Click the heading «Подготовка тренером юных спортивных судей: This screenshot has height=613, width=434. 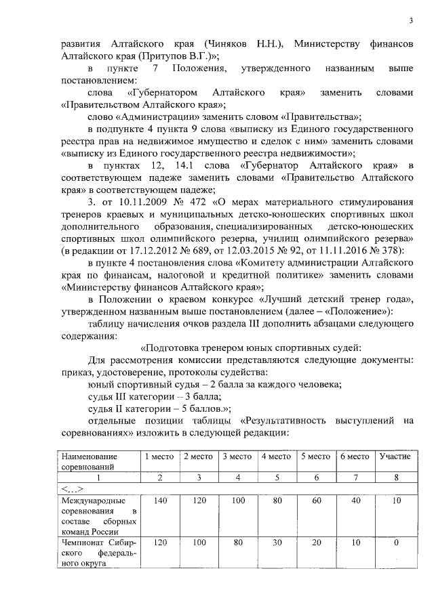pyautogui.click(x=237, y=348)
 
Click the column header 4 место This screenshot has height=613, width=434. pyautogui.click(x=276, y=457)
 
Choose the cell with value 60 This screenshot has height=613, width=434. pyautogui.click(x=315, y=501)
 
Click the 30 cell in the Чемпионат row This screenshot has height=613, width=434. pyautogui.click(x=276, y=543)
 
